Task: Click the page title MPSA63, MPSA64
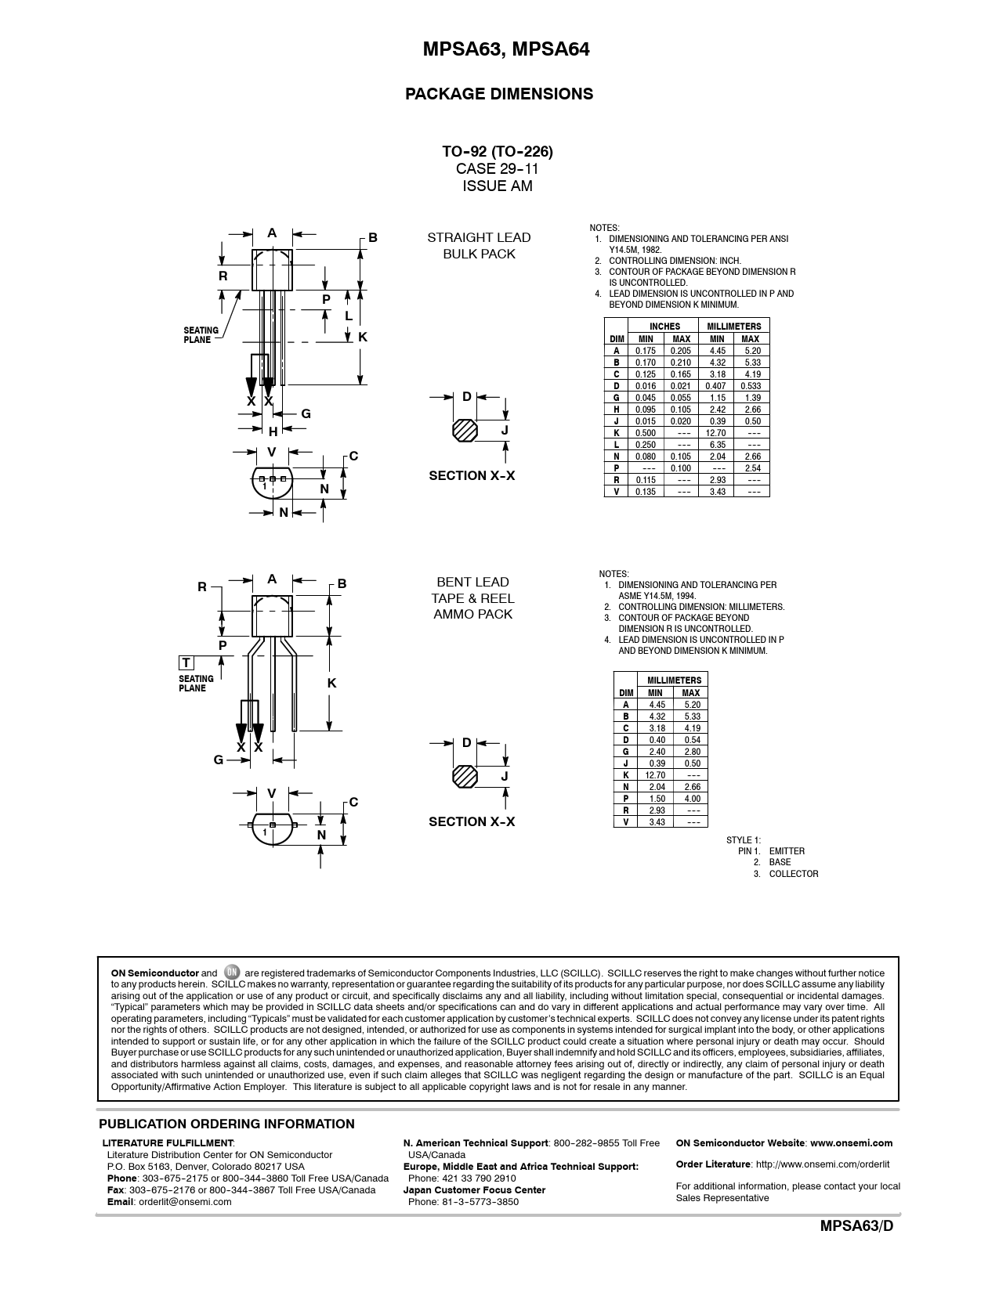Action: click(505, 49)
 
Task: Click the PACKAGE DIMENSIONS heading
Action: click(498, 94)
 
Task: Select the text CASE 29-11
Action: click(497, 169)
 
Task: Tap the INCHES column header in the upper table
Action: click(664, 327)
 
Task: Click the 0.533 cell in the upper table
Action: click(751, 386)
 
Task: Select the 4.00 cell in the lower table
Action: click(691, 799)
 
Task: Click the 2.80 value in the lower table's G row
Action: click(691, 752)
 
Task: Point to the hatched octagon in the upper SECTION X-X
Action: click(465, 431)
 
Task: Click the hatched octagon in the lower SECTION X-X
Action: click(465, 777)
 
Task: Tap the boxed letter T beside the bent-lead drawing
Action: click(186, 663)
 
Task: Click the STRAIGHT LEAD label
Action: click(479, 238)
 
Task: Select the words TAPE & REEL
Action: click(472, 598)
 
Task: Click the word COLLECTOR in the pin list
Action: click(794, 873)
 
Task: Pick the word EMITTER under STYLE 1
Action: click(787, 851)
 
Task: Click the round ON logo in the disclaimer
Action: click(231, 972)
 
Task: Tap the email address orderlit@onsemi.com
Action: click(185, 1202)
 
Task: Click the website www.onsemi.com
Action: click(852, 1142)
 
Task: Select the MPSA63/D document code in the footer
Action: click(856, 1226)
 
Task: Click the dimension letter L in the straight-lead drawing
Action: click(349, 316)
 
